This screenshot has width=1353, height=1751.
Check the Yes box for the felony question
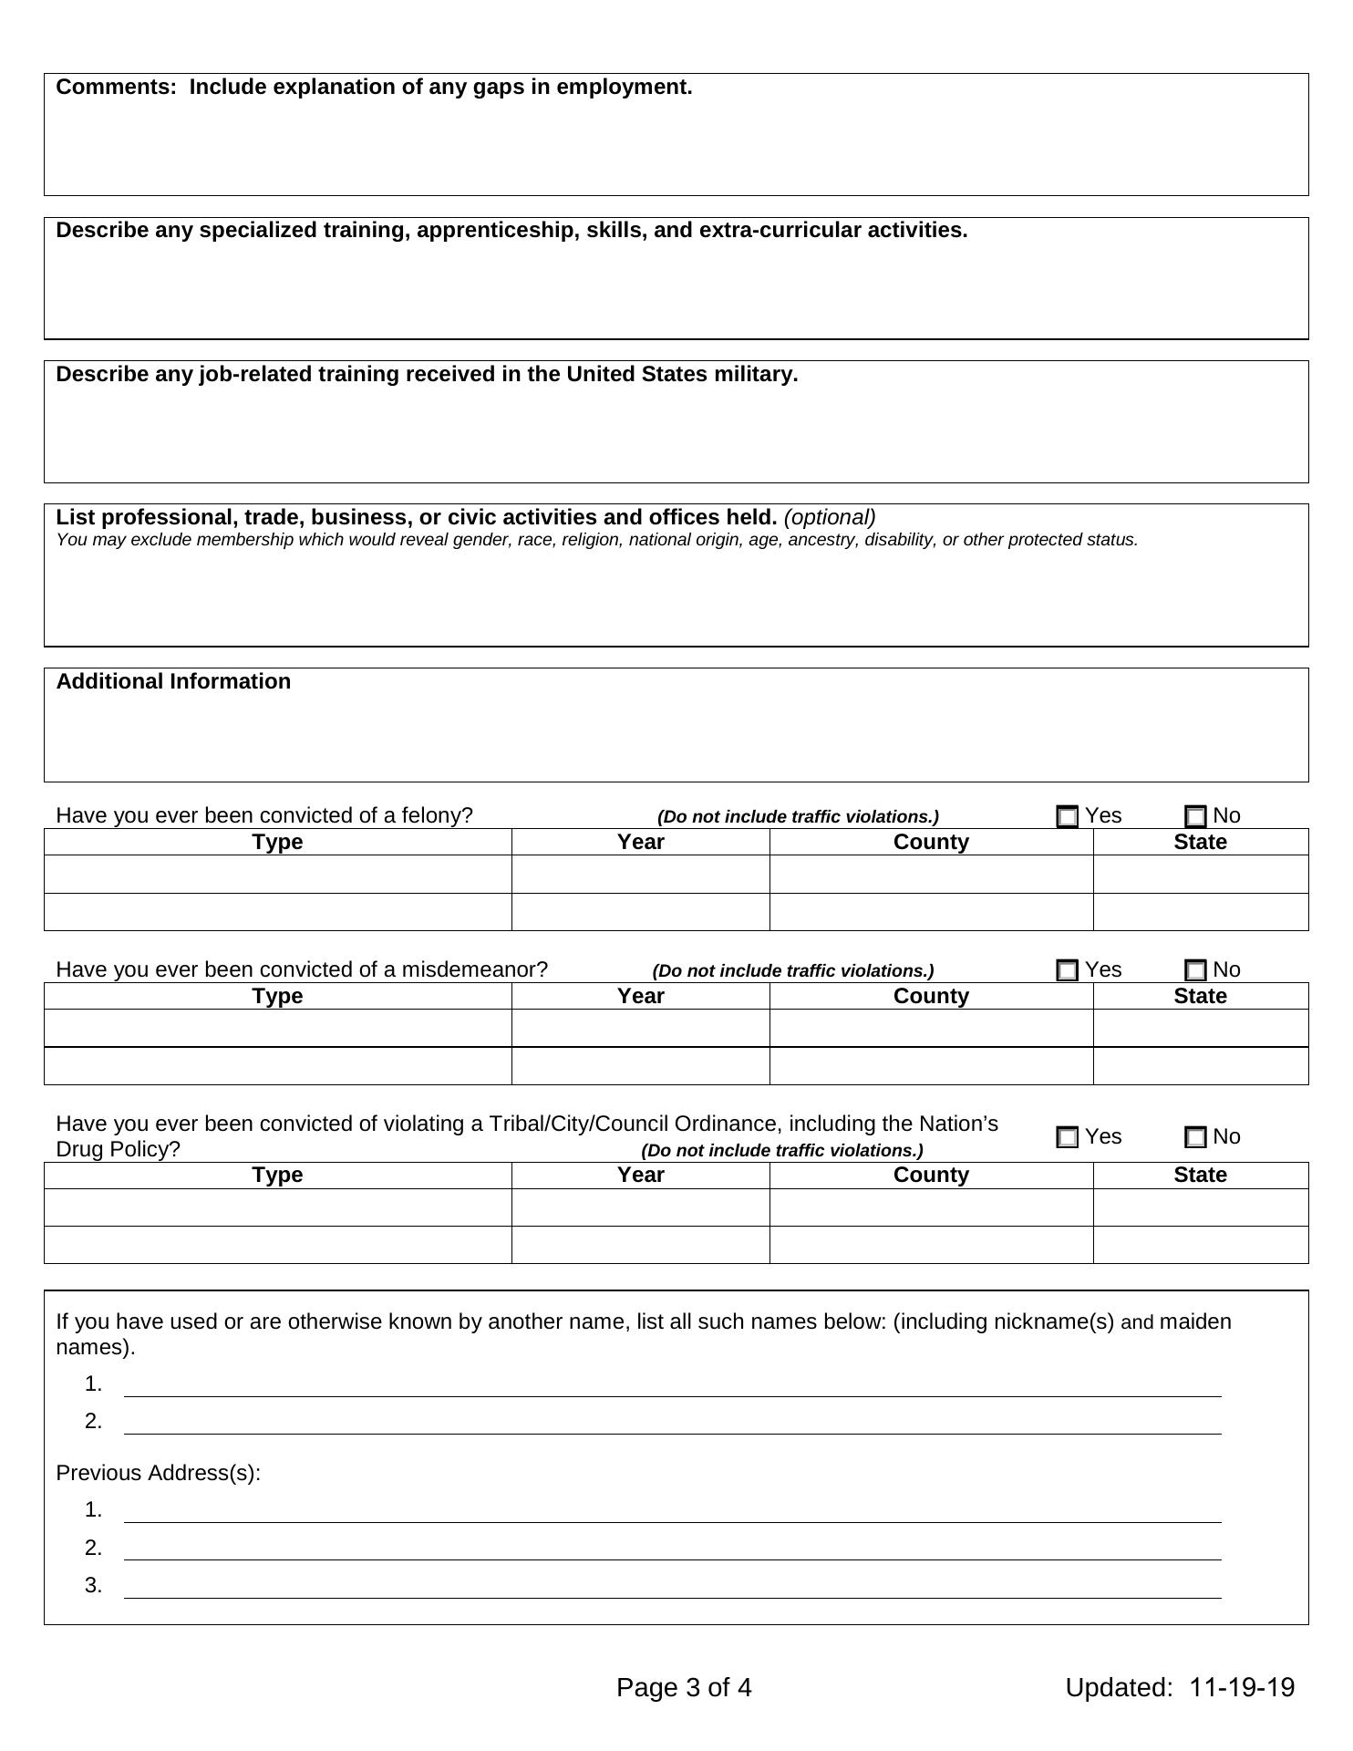tap(1067, 817)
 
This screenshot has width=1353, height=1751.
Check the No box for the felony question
tap(1195, 817)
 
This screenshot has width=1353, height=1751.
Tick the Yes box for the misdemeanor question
tap(1067, 970)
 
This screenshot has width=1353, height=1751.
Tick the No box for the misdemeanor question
tap(1195, 970)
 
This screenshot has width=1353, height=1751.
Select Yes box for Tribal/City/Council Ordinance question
tap(1067, 1137)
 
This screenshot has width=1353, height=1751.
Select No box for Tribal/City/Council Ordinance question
tap(1195, 1137)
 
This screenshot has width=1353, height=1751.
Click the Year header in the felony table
tap(640, 842)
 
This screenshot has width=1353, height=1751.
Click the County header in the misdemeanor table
tap(931, 996)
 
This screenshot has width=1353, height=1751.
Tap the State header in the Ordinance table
tap(1200, 1175)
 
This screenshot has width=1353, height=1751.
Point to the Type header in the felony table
tap(277, 842)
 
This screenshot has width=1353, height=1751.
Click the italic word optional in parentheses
tap(830, 517)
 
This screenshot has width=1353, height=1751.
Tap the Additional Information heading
tap(173, 681)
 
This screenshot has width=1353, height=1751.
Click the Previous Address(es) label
tap(158, 1473)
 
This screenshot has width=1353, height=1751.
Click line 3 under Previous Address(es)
tap(672, 1588)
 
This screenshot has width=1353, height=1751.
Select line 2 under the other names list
tap(672, 1424)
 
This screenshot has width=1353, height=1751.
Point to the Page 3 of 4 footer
tap(684, 1687)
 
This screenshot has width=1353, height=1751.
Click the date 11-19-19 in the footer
tap(1241, 1687)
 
